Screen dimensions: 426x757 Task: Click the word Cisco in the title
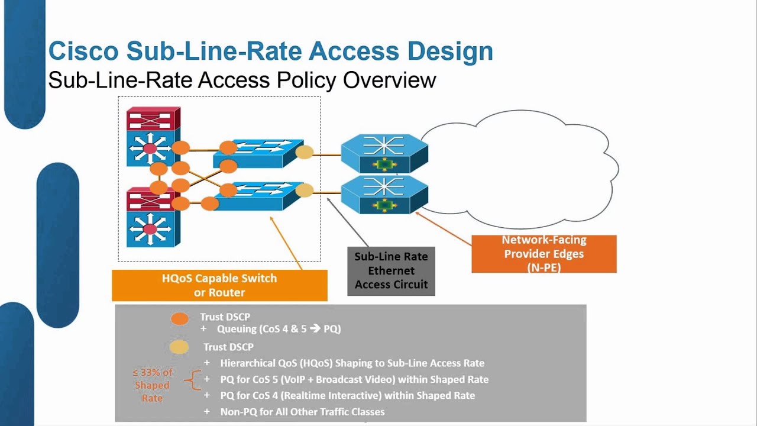[83, 51]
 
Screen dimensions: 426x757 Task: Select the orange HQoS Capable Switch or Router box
[219, 285]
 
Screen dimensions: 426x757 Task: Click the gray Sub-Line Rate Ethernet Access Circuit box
[391, 271]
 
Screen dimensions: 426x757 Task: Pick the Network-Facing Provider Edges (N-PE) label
[544, 254]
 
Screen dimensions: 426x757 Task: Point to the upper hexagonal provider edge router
[384, 153]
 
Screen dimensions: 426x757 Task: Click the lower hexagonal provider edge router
[384, 194]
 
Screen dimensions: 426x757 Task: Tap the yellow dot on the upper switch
[304, 152]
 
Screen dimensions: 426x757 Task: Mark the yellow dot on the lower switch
[304, 191]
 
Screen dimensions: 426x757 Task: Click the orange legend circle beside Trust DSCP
[180, 318]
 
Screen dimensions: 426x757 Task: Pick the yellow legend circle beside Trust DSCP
[180, 347]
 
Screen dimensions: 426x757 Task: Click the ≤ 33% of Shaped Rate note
[152, 385]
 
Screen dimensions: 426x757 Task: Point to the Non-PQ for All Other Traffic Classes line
[302, 412]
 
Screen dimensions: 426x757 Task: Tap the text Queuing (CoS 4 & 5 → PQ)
[279, 329]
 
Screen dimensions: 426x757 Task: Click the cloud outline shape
[520, 169]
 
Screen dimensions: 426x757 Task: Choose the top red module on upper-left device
[153, 118]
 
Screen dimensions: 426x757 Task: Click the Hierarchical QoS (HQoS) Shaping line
[352, 363]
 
